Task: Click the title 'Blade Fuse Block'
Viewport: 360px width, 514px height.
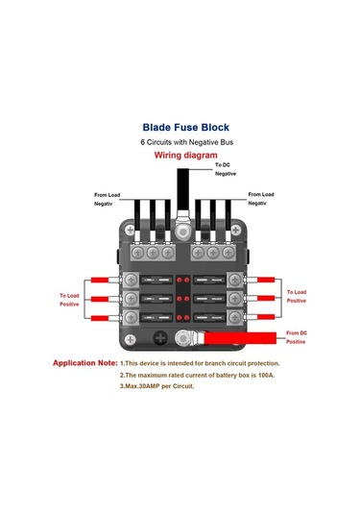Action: [x=185, y=127]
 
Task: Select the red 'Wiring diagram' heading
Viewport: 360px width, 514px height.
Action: [x=185, y=155]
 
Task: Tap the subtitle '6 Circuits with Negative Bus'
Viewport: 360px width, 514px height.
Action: [x=186, y=142]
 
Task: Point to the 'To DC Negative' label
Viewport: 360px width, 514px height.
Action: [x=226, y=169]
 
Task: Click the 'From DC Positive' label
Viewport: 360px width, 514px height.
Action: [x=297, y=337]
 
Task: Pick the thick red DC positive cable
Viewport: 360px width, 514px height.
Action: [x=240, y=338]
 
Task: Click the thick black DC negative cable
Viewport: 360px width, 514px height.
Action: [x=183, y=189]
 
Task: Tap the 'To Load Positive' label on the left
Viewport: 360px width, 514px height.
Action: [x=69, y=300]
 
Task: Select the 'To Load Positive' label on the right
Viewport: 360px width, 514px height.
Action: [x=297, y=296]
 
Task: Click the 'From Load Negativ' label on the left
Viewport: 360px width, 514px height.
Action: [x=107, y=199]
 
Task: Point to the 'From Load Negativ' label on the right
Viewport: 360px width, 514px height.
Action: [x=261, y=199]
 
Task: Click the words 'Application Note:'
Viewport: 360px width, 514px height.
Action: [x=85, y=363]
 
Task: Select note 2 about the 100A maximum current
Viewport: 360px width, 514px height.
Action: [x=197, y=375]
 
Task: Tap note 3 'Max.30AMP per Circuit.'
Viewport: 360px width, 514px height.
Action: [x=156, y=386]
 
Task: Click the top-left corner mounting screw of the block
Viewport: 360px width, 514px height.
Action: [x=130, y=230]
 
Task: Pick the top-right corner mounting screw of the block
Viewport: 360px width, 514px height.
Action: [x=236, y=230]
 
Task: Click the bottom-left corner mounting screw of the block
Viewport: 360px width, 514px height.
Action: [x=130, y=339]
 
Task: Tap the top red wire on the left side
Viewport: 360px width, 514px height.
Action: [x=100, y=280]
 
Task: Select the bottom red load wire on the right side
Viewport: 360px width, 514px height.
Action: [x=266, y=317]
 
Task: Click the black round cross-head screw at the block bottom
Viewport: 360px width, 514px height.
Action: [x=160, y=338]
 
